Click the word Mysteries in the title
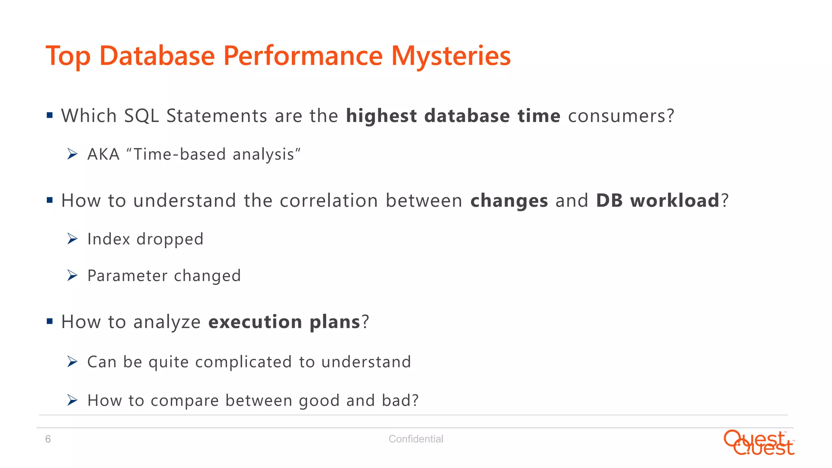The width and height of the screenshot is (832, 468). click(x=451, y=56)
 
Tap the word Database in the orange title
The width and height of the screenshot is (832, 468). click(x=157, y=56)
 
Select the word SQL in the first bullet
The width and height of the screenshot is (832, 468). click(x=141, y=116)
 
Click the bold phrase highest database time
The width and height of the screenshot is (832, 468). click(x=453, y=116)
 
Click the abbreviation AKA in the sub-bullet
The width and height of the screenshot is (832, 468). click(x=104, y=155)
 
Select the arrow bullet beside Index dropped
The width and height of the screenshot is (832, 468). click(x=72, y=239)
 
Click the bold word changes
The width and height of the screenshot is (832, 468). click(x=509, y=201)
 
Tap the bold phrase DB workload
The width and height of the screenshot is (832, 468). click(x=658, y=201)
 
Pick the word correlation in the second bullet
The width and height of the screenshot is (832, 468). click(x=329, y=201)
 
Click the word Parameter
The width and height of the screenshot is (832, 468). click(x=127, y=276)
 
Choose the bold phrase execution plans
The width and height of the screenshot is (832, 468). click(x=284, y=322)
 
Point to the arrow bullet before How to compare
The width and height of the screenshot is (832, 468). click(x=72, y=401)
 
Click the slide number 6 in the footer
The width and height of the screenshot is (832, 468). click(x=48, y=439)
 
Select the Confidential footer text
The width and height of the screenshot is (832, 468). click(x=416, y=439)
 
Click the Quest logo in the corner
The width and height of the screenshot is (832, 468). click(x=758, y=443)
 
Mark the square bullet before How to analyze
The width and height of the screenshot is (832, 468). click(x=50, y=322)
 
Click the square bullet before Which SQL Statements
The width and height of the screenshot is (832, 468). click(x=50, y=115)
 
